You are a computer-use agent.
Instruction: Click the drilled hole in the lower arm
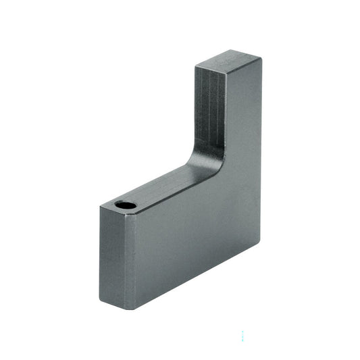tap(125, 204)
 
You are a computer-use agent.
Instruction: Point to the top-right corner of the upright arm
tap(261, 58)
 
